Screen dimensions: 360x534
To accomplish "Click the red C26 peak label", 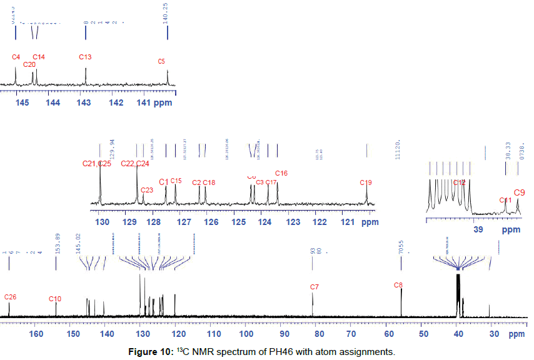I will point(11,296).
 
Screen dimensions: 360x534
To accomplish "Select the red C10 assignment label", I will point(56,299).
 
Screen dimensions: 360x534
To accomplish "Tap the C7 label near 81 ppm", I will point(315,287).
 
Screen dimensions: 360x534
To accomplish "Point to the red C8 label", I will point(398,285).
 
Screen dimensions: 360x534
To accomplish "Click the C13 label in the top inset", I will point(86,57).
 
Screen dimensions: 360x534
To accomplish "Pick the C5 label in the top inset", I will point(161,61).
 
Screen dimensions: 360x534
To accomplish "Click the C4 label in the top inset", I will point(16,57).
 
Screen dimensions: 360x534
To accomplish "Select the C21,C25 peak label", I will point(97,164).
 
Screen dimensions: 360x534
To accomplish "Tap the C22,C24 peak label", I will point(134,164).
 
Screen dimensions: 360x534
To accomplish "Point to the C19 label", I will point(366,182).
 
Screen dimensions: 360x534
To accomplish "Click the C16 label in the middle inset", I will point(281,173).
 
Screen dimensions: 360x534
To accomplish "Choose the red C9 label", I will point(519,192).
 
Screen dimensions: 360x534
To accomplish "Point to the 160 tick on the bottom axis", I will point(36,334).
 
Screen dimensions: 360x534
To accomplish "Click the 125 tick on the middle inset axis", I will point(238,222).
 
